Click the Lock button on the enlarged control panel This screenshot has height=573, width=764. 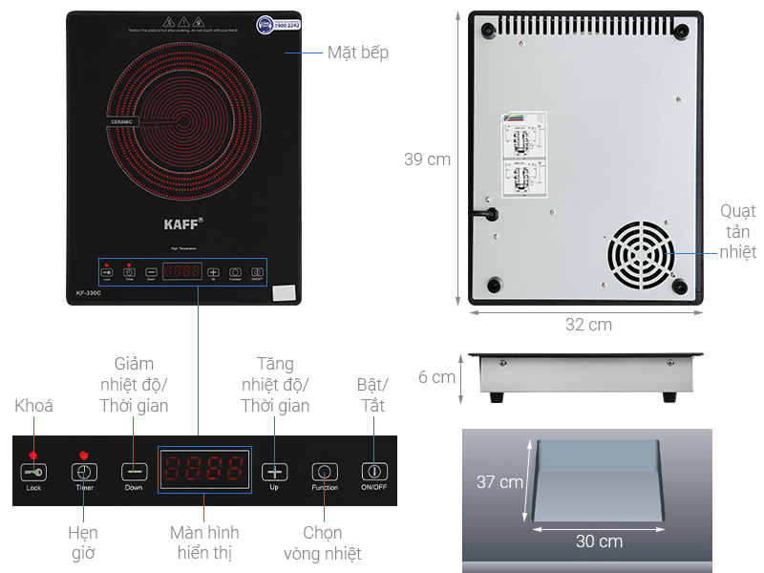click(x=34, y=472)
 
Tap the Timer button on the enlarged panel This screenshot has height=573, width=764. click(x=85, y=472)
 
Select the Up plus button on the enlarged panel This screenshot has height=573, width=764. click(x=275, y=472)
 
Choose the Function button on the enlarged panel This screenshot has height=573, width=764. click(x=325, y=472)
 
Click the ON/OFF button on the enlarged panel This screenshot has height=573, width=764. click(x=374, y=471)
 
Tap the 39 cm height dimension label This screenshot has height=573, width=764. click(x=427, y=159)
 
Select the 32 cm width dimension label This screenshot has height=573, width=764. click(x=588, y=325)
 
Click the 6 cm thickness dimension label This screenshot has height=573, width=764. click(x=436, y=377)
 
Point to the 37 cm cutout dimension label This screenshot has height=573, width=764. click(x=499, y=482)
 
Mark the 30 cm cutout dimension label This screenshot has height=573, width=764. click(x=599, y=541)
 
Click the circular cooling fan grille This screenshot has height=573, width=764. click(x=640, y=255)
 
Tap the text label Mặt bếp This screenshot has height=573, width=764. click(x=358, y=53)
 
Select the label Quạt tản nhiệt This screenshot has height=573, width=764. click(x=737, y=231)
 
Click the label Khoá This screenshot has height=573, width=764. click(x=33, y=406)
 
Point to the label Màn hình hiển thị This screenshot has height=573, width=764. click(x=204, y=542)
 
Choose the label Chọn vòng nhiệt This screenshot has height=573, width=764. click(x=323, y=542)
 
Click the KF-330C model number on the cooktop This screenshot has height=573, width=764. click(x=88, y=292)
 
